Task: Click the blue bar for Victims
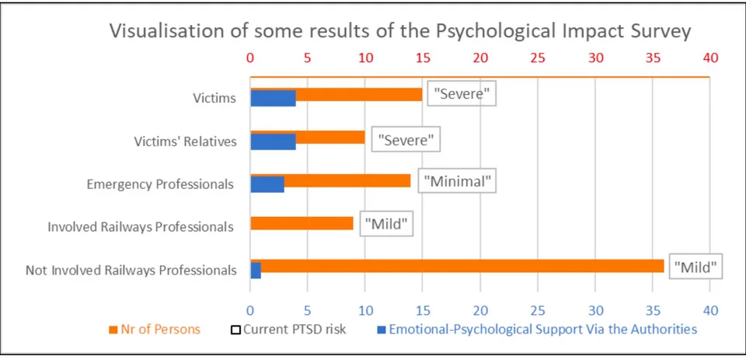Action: pyautogui.click(x=273, y=98)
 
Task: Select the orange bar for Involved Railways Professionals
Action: pyautogui.click(x=302, y=224)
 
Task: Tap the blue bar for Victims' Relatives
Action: pyautogui.click(x=273, y=142)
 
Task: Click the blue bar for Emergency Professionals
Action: pyautogui.click(x=267, y=184)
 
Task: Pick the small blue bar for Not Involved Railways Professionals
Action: pyautogui.click(x=256, y=270)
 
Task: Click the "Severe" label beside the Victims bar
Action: pyautogui.click(x=462, y=95)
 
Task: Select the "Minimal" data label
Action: pyautogui.click(x=458, y=181)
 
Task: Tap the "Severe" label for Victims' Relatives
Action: pyautogui.click(x=404, y=140)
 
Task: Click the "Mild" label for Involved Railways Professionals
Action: pyautogui.click(x=385, y=225)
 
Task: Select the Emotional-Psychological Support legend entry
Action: pyautogui.click(x=537, y=329)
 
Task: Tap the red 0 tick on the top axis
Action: pyautogui.click(x=250, y=58)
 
